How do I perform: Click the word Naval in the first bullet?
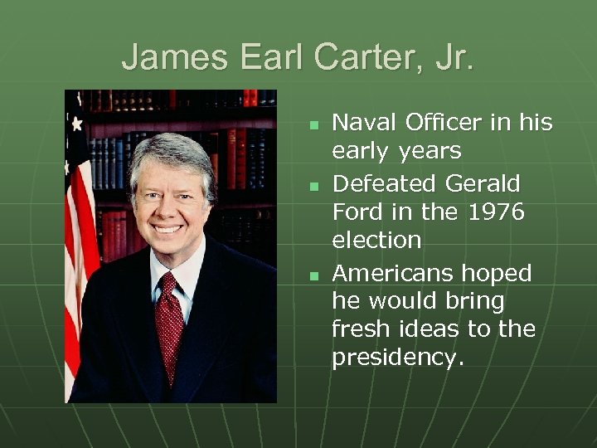tap(363, 123)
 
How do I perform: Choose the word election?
tap(376, 241)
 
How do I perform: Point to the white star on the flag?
tap(77, 124)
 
